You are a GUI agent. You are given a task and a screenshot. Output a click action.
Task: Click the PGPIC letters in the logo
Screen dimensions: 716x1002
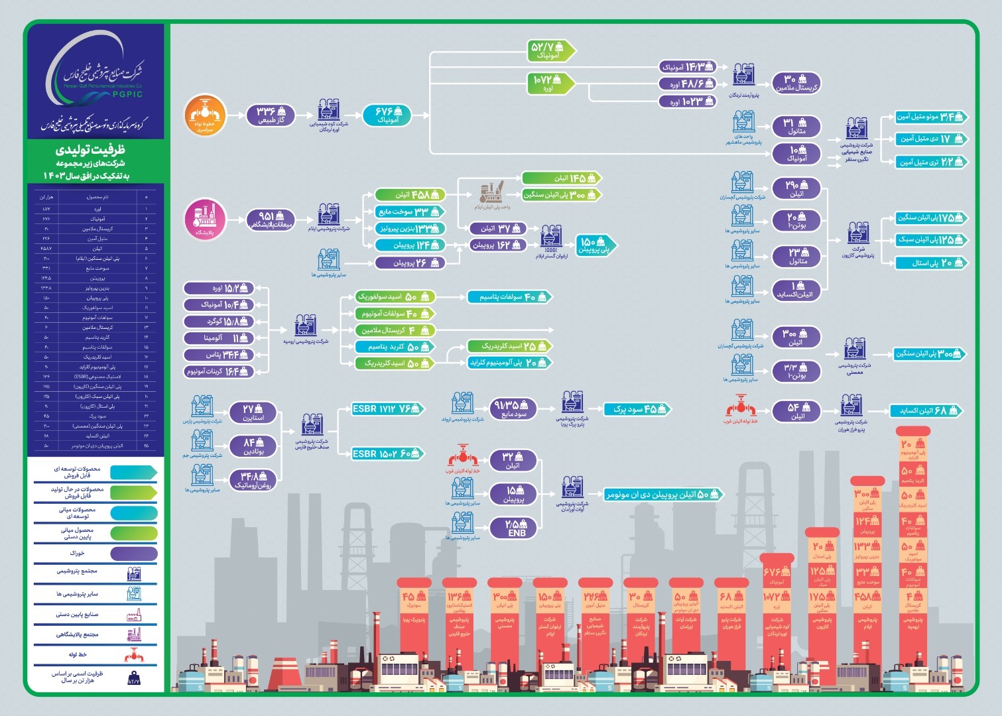(127, 94)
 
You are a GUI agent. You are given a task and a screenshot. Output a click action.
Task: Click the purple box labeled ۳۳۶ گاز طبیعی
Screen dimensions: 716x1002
(272, 115)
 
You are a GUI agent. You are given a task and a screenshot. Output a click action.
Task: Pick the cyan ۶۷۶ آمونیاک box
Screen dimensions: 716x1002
(386, 115)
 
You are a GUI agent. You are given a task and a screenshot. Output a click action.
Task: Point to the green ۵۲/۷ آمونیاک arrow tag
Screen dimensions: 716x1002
(550, 50)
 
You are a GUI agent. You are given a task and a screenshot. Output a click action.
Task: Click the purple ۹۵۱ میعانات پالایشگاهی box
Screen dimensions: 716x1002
(271, 220)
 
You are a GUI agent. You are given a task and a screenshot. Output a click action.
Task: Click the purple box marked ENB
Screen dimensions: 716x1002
(516, 528)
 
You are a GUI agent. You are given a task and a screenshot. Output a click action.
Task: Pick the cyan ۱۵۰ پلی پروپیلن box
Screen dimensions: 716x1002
(595, 245)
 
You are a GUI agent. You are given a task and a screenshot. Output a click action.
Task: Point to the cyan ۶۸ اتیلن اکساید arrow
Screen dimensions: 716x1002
(924, 411)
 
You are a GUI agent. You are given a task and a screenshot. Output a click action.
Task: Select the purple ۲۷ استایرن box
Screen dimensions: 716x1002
(253, 413)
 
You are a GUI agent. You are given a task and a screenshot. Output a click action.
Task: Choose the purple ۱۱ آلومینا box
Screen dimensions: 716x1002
(219, 338)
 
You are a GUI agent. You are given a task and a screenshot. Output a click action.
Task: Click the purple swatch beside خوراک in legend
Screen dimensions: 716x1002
(133, 553)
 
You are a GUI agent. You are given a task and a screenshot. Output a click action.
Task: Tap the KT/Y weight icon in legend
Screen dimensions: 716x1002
(133, 678)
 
